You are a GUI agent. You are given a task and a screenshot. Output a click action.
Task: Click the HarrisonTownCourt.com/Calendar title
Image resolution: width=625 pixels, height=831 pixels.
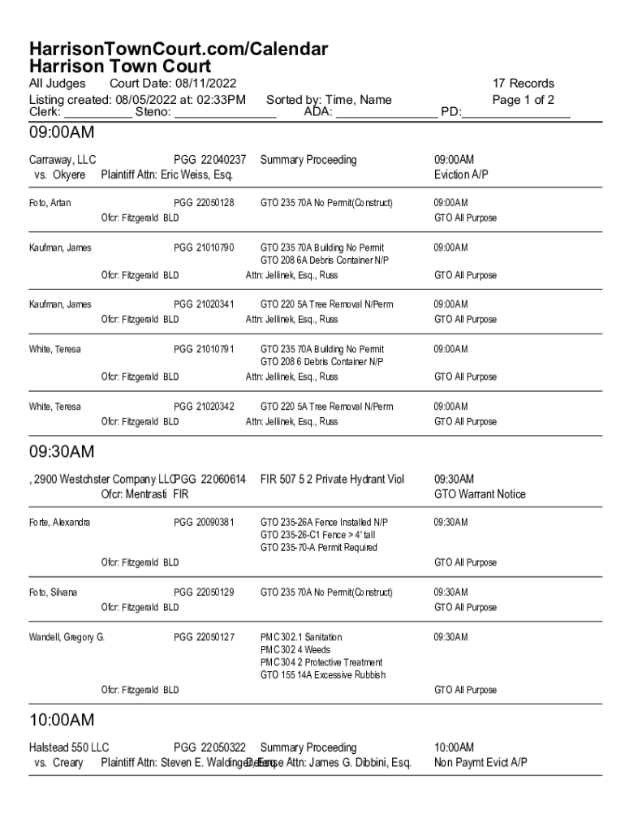click(x=179, y=50)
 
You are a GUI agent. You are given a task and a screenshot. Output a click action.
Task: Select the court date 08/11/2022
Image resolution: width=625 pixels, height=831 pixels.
click(x=207, y=84)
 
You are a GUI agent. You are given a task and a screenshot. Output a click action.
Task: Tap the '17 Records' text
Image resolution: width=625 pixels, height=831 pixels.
click(x=524, y=84)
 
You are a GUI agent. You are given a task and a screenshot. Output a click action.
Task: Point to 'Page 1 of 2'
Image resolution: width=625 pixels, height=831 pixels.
click(x=523, y=100)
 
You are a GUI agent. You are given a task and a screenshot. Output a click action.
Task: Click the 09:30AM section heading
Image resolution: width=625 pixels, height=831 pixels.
click(x=62, y=451)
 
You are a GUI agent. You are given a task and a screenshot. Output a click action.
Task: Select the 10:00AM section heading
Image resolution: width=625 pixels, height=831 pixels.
click(x=62, y=720)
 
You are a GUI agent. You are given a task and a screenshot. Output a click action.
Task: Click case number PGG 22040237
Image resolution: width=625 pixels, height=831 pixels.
click(x=209, y=160)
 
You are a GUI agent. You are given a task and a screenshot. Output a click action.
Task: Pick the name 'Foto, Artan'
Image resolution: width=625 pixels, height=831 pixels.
click(x=50, y=202)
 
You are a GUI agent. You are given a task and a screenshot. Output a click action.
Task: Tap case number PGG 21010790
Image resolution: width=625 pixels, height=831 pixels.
click(x=204, y=248)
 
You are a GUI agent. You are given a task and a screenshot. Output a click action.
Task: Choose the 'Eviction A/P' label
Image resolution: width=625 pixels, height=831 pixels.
click(x=461, y=174)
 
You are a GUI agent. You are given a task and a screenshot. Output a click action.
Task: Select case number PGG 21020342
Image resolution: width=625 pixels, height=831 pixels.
click(x=204, y=407)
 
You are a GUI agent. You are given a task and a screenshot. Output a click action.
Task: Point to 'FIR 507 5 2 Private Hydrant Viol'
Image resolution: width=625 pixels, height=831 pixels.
click(x=332, y=480)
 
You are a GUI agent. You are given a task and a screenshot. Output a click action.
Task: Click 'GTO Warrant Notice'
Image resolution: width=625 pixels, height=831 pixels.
click(x=480, y=494)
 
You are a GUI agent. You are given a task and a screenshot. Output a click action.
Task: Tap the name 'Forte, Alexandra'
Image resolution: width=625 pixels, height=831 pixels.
click(x=59, y=523)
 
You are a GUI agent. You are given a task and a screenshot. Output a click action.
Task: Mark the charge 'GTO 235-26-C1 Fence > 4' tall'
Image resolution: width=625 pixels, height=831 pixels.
click(x=317, y=535)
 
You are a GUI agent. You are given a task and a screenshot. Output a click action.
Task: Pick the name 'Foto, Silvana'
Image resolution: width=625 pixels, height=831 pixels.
click(x=53, y=592)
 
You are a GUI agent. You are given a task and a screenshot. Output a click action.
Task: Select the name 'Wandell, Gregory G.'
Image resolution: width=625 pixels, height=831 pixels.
click(x=67, y=637)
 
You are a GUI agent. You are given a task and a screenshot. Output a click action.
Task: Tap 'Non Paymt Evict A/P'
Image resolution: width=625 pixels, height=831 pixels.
click(x=481, y=763)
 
